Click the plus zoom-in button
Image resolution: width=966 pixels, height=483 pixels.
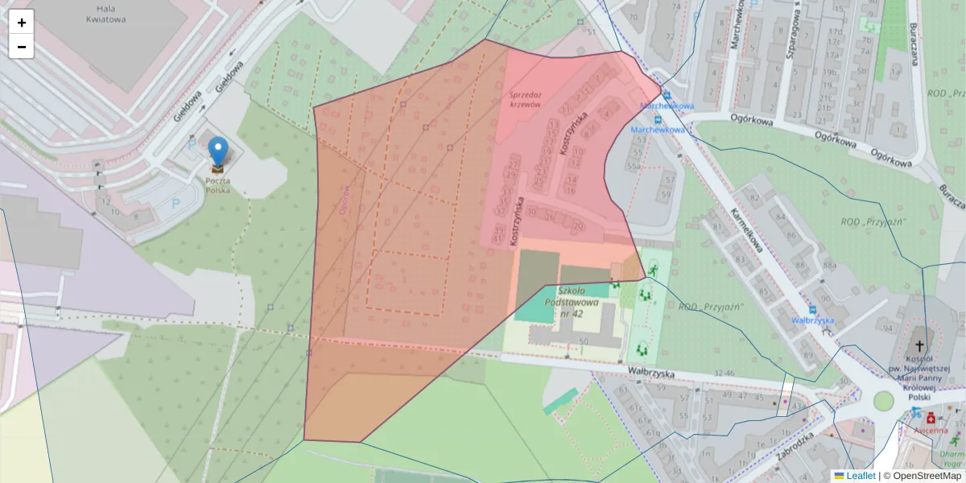22,23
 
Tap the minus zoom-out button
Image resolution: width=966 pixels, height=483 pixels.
22,47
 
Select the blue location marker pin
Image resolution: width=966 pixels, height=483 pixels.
217,152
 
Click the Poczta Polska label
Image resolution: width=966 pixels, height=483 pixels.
217,185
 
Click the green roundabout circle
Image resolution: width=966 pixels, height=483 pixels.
884,400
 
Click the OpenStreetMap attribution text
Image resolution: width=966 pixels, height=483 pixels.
922,476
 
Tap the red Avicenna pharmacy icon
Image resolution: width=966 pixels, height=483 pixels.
931,419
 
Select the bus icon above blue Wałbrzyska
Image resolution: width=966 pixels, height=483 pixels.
813,308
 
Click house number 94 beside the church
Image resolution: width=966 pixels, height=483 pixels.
888,328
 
